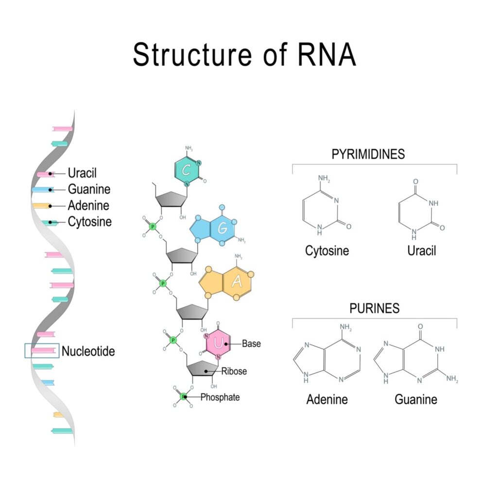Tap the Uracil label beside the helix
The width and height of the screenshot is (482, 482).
[x=82, y=173]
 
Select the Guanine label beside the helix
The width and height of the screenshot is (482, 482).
[x=89, y=189]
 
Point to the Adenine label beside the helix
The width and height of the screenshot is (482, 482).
[x=88, y=205]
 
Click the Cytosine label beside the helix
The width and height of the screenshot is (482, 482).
[x=89, y=222]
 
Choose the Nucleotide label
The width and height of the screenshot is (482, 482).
[x=88, y=351]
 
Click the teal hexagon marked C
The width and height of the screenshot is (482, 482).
[x=185, y=170]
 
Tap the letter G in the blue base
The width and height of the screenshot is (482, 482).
[x=222, y=227]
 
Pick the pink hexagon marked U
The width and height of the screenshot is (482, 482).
[x=217, y=343]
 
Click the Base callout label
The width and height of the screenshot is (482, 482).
[x=251, y=344]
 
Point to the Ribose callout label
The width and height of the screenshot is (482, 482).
[x=234, y=371]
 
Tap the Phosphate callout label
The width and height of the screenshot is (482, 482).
[x=220, y=397]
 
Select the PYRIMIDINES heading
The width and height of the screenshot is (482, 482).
[x=368, y=155]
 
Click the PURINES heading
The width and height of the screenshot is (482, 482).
[x=374, y=308]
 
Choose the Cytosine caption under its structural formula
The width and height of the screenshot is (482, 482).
[x=327, y=251]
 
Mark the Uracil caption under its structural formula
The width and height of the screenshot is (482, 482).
[x=422, y=251]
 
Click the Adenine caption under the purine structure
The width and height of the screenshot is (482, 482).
[x=327, y=399]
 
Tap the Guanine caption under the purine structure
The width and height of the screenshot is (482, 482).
[x=415, y=399]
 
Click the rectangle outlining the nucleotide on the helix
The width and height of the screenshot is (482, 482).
[x=42, y=350]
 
